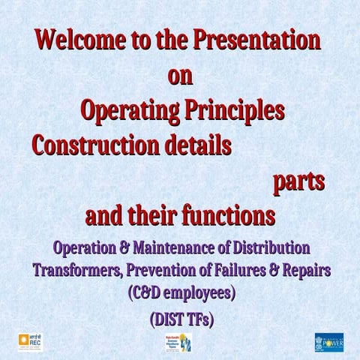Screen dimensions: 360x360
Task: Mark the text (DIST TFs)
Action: point(181,319)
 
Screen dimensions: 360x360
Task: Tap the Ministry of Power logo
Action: point(329,342)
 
